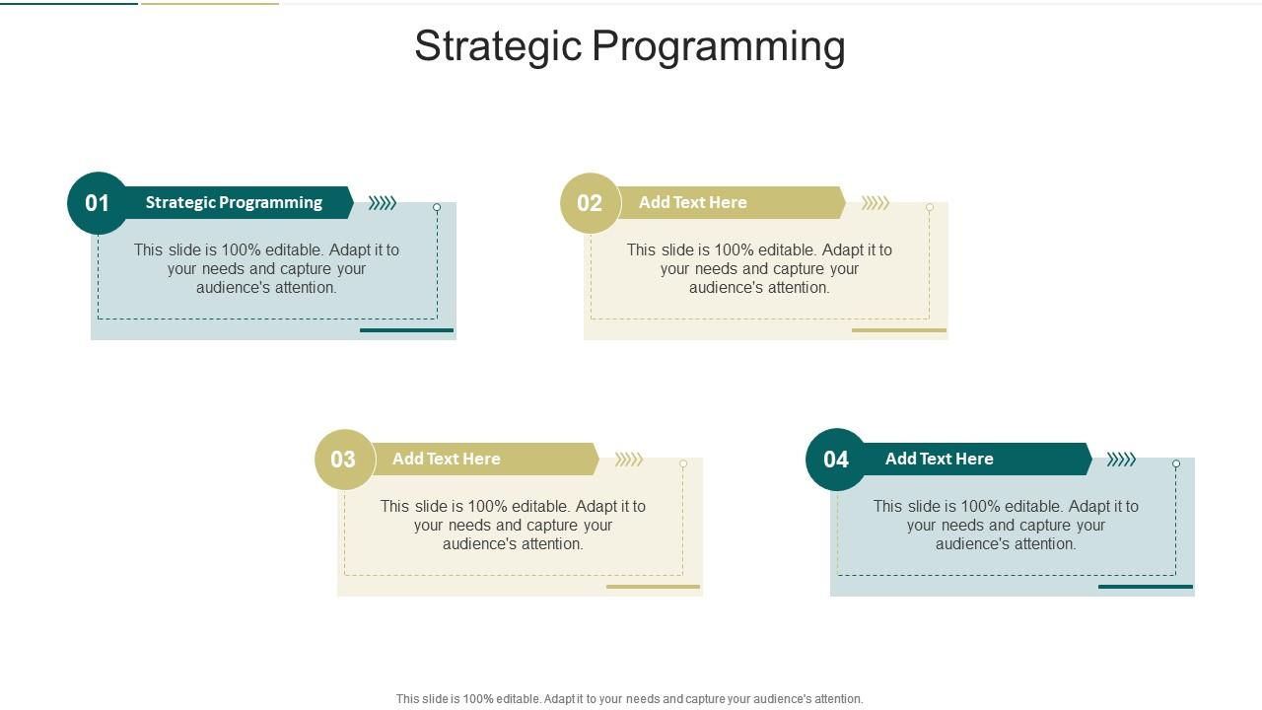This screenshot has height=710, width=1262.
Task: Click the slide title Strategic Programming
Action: [629, 46]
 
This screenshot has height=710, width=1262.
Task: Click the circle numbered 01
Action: [98, 203]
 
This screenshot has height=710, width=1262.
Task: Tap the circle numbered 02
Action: [590, 203]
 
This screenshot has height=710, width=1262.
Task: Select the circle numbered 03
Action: [344, 460]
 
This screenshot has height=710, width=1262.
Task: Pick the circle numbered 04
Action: [836, 460]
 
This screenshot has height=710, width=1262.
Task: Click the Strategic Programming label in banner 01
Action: [234, 202]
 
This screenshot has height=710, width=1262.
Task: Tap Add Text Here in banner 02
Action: [692, 202]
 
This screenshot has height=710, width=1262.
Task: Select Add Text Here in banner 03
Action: [446, 459]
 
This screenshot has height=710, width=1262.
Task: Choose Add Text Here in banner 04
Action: [939, 459]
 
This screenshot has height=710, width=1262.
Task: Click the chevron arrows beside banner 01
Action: [383, 203]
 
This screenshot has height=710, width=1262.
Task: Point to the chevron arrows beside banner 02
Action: [876, 203]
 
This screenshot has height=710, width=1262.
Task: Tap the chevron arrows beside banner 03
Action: [629, 460]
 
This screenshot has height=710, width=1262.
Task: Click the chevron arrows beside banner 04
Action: [1121, 460]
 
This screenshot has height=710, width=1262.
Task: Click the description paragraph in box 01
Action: [266, 268]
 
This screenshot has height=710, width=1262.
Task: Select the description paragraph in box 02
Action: [759, 268]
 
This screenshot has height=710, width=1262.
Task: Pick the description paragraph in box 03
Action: [513, 525]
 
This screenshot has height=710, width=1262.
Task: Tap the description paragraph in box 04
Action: [1006, 525]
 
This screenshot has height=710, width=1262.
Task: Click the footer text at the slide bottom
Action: [629, 699]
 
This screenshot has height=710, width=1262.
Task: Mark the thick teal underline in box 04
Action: [1145, 587]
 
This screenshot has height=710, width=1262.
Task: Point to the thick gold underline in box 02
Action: [898, 330]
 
